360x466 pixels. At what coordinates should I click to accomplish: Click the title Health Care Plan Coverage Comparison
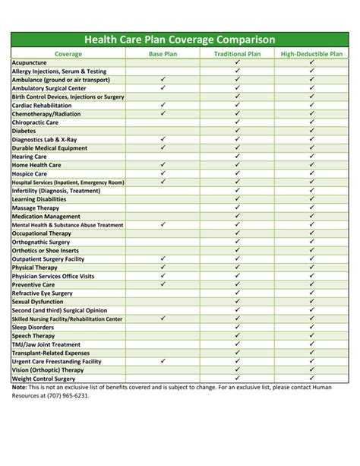(x=180, y=40)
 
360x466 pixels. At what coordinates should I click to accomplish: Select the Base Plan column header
(x=163, y=54)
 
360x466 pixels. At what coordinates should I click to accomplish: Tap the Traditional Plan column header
(x=237, y=54)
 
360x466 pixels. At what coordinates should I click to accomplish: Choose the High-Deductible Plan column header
(x=311, y=54)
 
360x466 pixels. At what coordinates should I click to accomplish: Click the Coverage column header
(x=68, y=54)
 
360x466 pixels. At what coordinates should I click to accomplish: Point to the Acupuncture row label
(x=30, y=62)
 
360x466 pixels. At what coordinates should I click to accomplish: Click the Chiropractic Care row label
(x=35, y=122)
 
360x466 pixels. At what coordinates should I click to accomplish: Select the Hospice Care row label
(x=30, y=173)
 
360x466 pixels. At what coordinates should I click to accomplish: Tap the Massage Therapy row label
(x=35, y=208)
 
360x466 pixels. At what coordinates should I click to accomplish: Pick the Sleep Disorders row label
(x=33, y=327)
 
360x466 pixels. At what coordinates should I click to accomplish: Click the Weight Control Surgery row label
(x=43, y=378)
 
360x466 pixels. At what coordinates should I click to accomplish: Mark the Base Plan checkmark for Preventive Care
(x=163, y=284)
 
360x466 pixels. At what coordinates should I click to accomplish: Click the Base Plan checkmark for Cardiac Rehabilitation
(x=163, y=105)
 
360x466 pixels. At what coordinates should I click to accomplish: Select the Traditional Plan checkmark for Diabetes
(x=237, y=131)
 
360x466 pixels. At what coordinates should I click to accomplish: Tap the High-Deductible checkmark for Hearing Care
(x=311, y=156)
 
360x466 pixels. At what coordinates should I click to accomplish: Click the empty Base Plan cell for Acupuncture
(x=163, y=62)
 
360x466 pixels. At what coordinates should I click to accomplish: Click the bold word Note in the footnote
(x=18, y=387)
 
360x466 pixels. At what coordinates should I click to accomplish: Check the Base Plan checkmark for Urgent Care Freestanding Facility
(x=163, y=361)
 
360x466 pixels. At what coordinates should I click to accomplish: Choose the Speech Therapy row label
(x=33, y=335)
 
